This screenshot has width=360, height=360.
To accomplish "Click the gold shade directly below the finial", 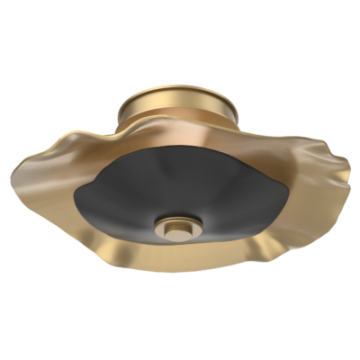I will pos(180,256).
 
